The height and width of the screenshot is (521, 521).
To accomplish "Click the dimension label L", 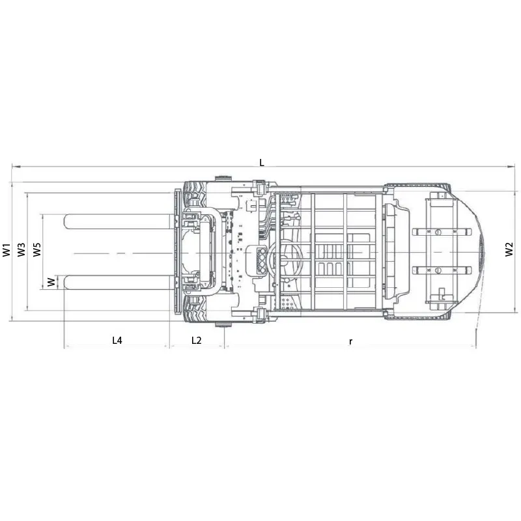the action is pos(262,162).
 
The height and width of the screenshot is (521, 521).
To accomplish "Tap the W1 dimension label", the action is pos(7,250).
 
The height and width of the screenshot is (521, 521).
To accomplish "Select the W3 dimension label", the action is pos(21,250).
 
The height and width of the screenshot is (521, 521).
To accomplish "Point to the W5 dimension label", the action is pos(37,250).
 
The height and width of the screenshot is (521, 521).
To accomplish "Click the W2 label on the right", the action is pos(509,249).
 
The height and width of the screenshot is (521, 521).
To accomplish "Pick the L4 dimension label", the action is pos(117,340).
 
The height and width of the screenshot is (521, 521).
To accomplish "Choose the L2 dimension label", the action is pos(197,340).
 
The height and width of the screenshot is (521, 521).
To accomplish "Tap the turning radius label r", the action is pos(350,341).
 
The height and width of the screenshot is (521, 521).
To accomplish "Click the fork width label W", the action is pos(51,283).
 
